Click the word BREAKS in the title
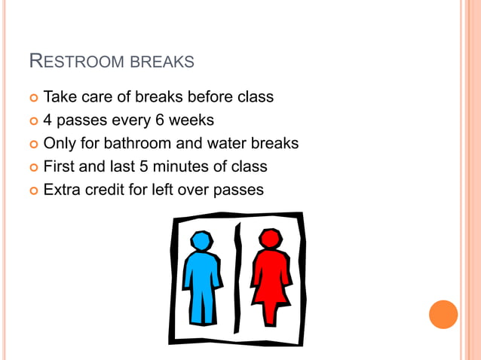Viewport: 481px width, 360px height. [x=162, y=62]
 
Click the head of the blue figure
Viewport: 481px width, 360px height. [x=201, y=241]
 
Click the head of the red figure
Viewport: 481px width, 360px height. [x=270, y=239]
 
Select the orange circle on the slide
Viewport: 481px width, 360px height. [x=443, y=314]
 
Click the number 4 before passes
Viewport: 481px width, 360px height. [x=48, y=121]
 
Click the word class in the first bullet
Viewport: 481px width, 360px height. [x=254, y=97]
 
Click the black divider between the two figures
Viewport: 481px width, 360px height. [x=237, y=279]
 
